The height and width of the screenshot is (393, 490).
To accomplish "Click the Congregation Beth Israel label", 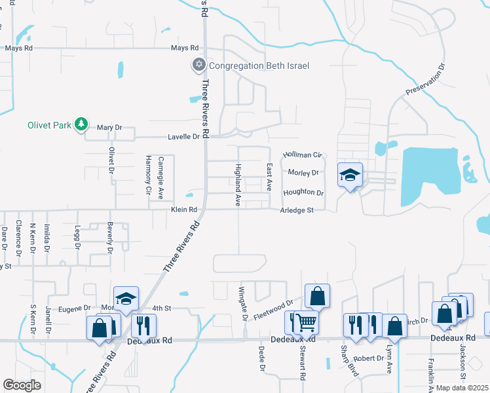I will click(259, 65).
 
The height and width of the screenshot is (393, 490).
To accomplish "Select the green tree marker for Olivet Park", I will click(81, 124).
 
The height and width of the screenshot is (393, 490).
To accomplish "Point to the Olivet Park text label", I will click(48, 124).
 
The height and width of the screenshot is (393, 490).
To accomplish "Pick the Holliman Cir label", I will click(303, 155).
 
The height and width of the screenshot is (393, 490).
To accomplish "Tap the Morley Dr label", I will click(303, 173).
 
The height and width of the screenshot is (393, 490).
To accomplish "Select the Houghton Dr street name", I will click(303, 193).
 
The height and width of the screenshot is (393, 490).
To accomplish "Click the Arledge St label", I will click(298, 210).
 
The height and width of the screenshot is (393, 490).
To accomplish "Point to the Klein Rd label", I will click(184, 210).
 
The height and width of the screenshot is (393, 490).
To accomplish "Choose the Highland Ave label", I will click(238, 185).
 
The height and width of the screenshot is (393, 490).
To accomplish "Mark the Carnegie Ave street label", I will click(160, 177).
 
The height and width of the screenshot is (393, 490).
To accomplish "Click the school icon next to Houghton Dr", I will click(350, 175).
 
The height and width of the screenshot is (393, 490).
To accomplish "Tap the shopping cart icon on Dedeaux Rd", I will click(307, 322).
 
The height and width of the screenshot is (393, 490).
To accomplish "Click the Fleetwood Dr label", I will click(273, 306).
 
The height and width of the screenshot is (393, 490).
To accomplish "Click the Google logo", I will click(22, 385).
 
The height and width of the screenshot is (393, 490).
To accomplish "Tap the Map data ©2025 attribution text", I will click(461, 388).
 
